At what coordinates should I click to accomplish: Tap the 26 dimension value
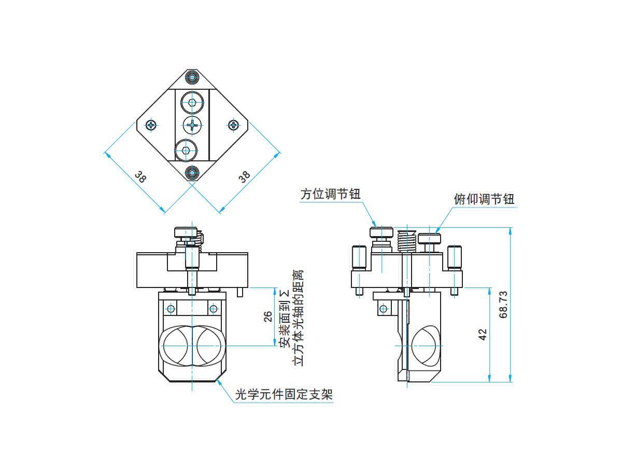click(268, 317)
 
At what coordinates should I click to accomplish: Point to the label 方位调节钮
click(330, 194)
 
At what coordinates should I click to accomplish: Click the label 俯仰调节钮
click(484, 199)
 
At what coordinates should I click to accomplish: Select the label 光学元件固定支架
click(284, 395)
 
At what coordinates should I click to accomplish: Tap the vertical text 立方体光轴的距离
click(299, 318)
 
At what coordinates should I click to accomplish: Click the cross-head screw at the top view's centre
click(192, 125)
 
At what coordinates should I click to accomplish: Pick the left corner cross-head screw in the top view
click(151, 125)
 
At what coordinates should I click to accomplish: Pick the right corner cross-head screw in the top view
click(234, 125)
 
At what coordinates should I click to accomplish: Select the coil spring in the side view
click(407, 241)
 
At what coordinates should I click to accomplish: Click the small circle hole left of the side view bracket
click(383, 309)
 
